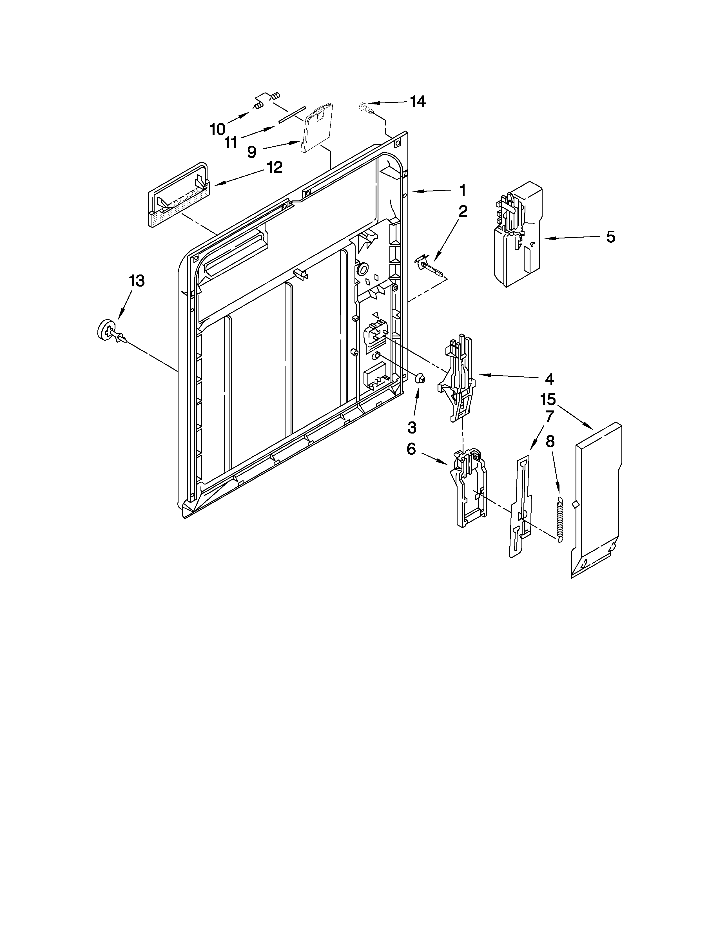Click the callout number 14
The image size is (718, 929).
(x=417, y=102)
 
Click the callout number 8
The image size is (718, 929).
(x=550, y=442)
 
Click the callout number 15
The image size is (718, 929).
(x=548, y=399)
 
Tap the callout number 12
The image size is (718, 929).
(x=274, y=167)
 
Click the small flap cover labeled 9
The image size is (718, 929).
(x=316, y=128)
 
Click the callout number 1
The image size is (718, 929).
(x=463, y=190)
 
